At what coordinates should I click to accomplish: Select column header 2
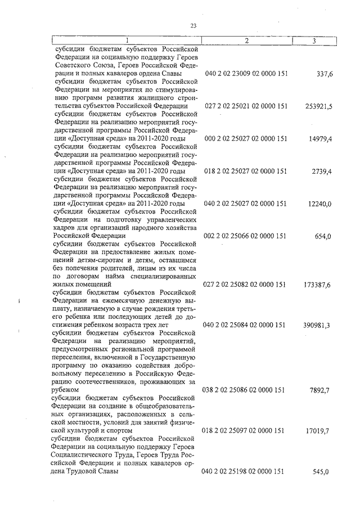pyautogui.click(x=246, y=40)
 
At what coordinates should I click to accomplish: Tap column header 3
pyautogui.click(x=314, y=40)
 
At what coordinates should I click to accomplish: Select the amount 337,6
pyautogui.click(x=325, y=74)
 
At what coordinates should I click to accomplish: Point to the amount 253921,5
pyautogui.click(x=319, y=106)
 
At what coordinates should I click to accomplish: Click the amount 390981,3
pyautogui.click(x=319, y=325)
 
